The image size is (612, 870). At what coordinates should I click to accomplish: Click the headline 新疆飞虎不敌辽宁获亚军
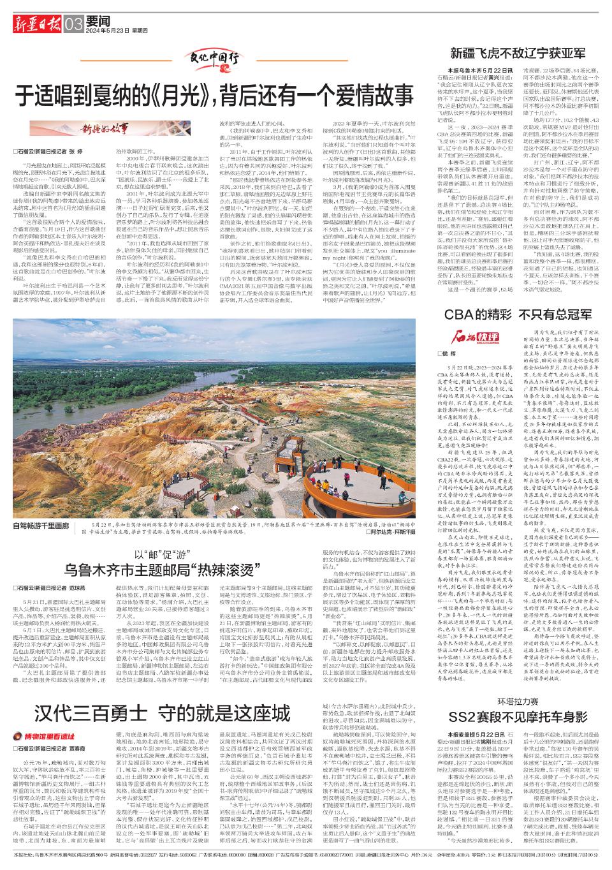click(518, 52)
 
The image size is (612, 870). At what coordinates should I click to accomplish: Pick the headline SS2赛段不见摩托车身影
click(518, 716)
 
